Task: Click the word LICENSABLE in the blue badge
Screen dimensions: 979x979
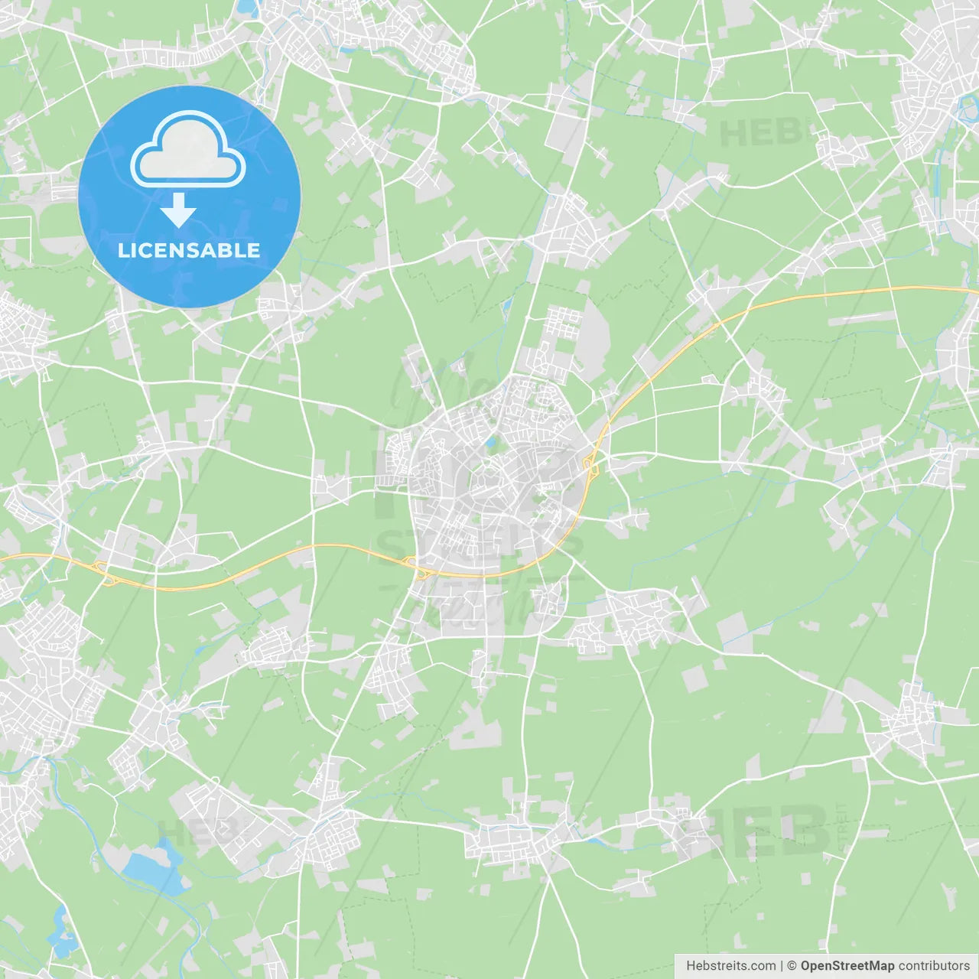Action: [189, 251]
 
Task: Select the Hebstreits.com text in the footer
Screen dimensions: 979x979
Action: [730, 966]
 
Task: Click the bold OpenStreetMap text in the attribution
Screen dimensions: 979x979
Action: [847, 966]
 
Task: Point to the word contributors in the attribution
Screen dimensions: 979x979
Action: [934, 966]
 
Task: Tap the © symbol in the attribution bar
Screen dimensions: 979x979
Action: [792, 966]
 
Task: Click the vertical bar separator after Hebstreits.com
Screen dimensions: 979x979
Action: [782, 966]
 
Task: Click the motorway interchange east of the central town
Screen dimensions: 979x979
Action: [590, 463]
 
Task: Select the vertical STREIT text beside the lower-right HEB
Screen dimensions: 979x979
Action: [843, 828]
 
